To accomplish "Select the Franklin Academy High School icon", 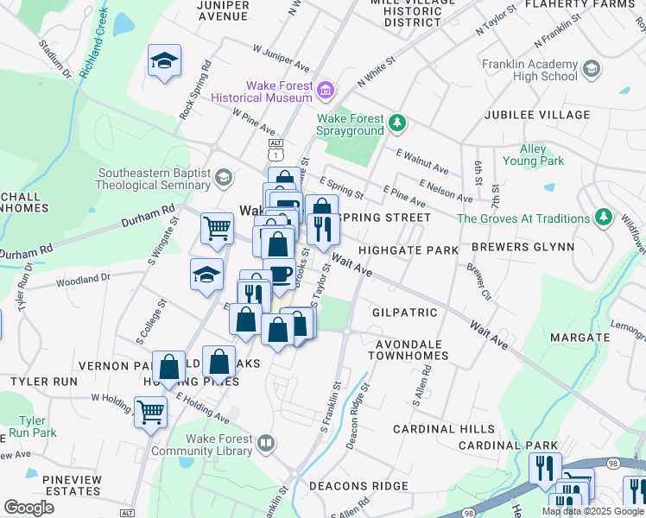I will click(592, 69).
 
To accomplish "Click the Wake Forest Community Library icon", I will click(267, 445).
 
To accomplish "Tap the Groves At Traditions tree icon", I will click(605, 218).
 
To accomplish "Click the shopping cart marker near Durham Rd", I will click(217, 228).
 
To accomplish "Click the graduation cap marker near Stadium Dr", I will click(163, 61).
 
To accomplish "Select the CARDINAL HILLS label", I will click(444, 429).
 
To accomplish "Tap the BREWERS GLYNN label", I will click(522, 247).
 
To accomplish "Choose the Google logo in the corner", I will click(28, 508).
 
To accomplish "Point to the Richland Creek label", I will click(93, 45).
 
